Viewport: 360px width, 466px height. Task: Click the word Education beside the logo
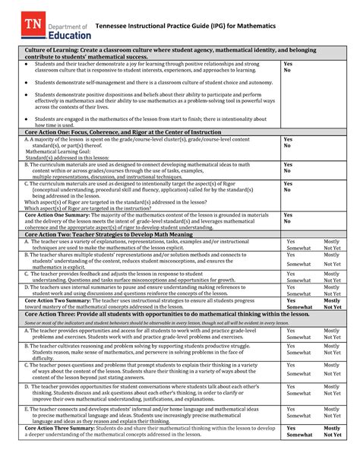coord(70,33)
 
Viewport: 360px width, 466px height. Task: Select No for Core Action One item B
coord(287,171)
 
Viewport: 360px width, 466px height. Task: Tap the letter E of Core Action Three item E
coord(27,407)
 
